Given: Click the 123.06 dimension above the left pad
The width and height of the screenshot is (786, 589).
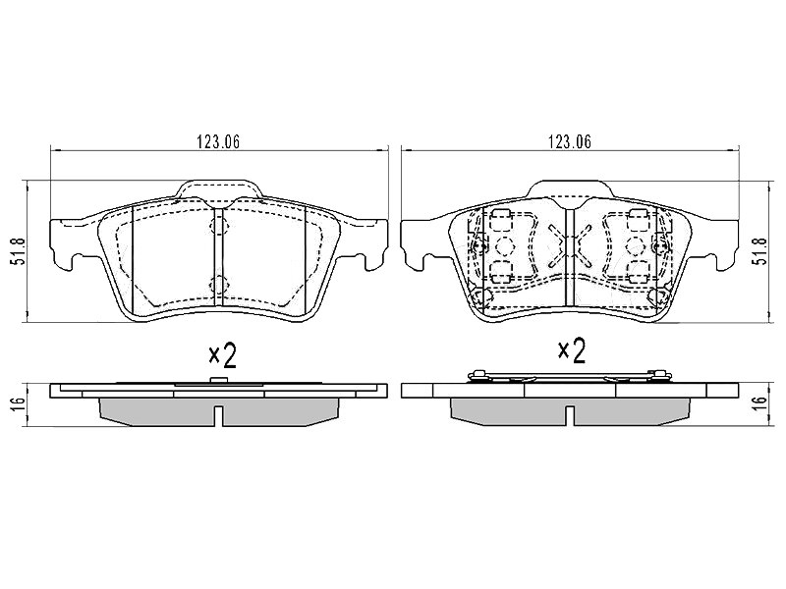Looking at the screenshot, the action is [x=218, y=142].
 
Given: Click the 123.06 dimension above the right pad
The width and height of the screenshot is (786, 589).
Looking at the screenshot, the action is [x=570, y=142].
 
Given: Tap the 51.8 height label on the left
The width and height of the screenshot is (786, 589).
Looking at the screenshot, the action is [x=19, y=251].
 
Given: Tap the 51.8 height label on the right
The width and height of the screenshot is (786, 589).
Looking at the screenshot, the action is [x=761, y=251].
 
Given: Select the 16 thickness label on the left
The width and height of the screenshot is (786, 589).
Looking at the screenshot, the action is [x=19, y=404].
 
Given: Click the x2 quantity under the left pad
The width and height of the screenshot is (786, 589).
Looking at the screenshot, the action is [x=223, y=355].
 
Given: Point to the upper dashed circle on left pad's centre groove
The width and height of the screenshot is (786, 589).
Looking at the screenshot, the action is [x=219, y=227].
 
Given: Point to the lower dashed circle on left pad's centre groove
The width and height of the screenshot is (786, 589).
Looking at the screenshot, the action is [x=219, y=285].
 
